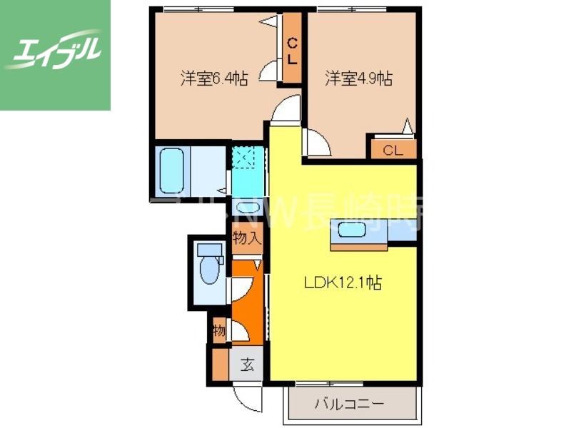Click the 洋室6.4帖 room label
click(x=214, y=79)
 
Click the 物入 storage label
click(x=246, y=238)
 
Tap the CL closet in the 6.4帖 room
click(x=292, y=51)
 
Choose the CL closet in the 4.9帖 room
click(x=393, y=150)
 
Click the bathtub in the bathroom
click(x=171, y=171)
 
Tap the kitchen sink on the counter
click(x=351, y=230)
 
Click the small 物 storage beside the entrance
click(x=219, y=331)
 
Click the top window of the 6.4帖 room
click(x=189, y=9)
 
